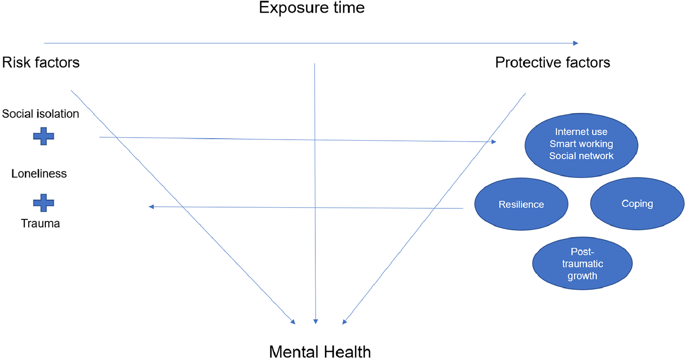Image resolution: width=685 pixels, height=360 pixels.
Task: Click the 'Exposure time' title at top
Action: point(311,8)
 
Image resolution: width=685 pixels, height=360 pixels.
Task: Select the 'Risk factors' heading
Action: point(41,63)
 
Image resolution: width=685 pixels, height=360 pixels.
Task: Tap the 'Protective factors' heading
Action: point(552,63)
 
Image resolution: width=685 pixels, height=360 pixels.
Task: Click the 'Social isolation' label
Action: point(40,114)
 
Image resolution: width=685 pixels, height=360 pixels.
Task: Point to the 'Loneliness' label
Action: point(39,174)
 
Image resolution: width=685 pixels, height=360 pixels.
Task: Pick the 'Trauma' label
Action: point(40,223)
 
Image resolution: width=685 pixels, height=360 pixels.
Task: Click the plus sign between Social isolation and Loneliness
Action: point(43,136)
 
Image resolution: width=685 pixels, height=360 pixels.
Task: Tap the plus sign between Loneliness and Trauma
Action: point(43,203)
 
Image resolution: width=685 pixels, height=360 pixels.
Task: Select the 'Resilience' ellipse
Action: point(521,205)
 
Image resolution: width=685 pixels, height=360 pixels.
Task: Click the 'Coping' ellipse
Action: point(637,204)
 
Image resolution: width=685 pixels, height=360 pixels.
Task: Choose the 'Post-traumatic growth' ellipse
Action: point(582,264)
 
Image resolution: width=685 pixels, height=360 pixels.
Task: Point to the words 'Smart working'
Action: point(581,144)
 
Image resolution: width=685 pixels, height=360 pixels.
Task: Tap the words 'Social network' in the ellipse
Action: point(581,156)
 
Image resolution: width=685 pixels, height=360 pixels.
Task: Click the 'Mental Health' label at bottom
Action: point(320,351)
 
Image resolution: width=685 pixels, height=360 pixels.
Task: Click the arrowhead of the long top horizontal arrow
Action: point(575,44)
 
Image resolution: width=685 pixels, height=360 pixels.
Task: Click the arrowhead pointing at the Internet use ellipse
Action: point(494,142)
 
